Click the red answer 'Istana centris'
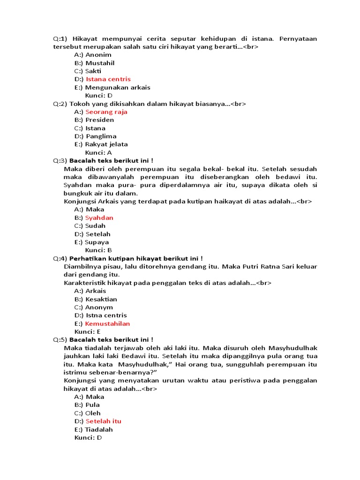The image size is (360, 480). click(108, 79)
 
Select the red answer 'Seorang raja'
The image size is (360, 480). click(106, 112)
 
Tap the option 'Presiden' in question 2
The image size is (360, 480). click(99, 120)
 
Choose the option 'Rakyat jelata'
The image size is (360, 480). click(106, 144)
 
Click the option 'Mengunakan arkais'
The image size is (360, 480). click(117, 88)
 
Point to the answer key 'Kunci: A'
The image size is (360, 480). click(98, 152)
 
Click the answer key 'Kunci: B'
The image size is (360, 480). click(98, 250)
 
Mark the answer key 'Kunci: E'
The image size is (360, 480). click(90, 332)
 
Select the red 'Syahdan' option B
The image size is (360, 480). click(99, 218)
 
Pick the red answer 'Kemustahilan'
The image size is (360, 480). click(107, 324)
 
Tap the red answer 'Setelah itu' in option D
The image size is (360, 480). click(103, 421)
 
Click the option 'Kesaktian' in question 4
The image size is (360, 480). click(101, 299)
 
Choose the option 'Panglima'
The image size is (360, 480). click(101, 136)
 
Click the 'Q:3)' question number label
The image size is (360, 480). click(60, 161)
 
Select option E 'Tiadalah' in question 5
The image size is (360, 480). click(99, 429)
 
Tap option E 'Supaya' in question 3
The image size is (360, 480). click(97, 242)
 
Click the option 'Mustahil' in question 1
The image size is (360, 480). click(100, 63)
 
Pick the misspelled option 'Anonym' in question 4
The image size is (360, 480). click(99, 307)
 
